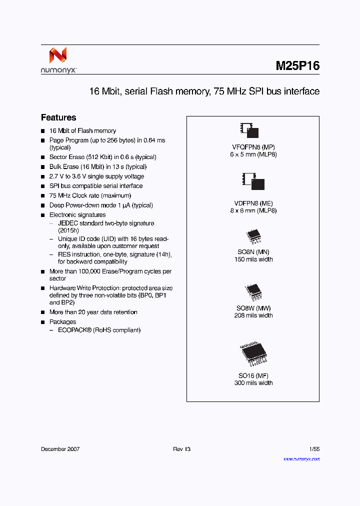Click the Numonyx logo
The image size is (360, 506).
point(58,60)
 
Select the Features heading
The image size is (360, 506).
point(58,117)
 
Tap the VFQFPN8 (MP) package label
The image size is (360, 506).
point(253,147)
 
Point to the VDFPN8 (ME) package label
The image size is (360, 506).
point(253,203)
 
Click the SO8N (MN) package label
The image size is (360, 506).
point(253,252)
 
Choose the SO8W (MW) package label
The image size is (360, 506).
point(253,308)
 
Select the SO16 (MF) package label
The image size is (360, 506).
point(253,376)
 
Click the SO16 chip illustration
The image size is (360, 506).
point(253,355)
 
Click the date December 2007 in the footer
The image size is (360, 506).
point(60,449)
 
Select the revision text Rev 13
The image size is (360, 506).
point(181,449)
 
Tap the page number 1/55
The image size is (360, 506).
point(313,449)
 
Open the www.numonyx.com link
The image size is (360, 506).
point(301,459)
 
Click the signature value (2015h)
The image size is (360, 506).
point(68,230)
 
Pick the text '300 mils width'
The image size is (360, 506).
point(253,383)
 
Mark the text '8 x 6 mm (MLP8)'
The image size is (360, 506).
point(253,210)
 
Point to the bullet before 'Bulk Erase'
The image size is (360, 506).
point(43,167)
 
